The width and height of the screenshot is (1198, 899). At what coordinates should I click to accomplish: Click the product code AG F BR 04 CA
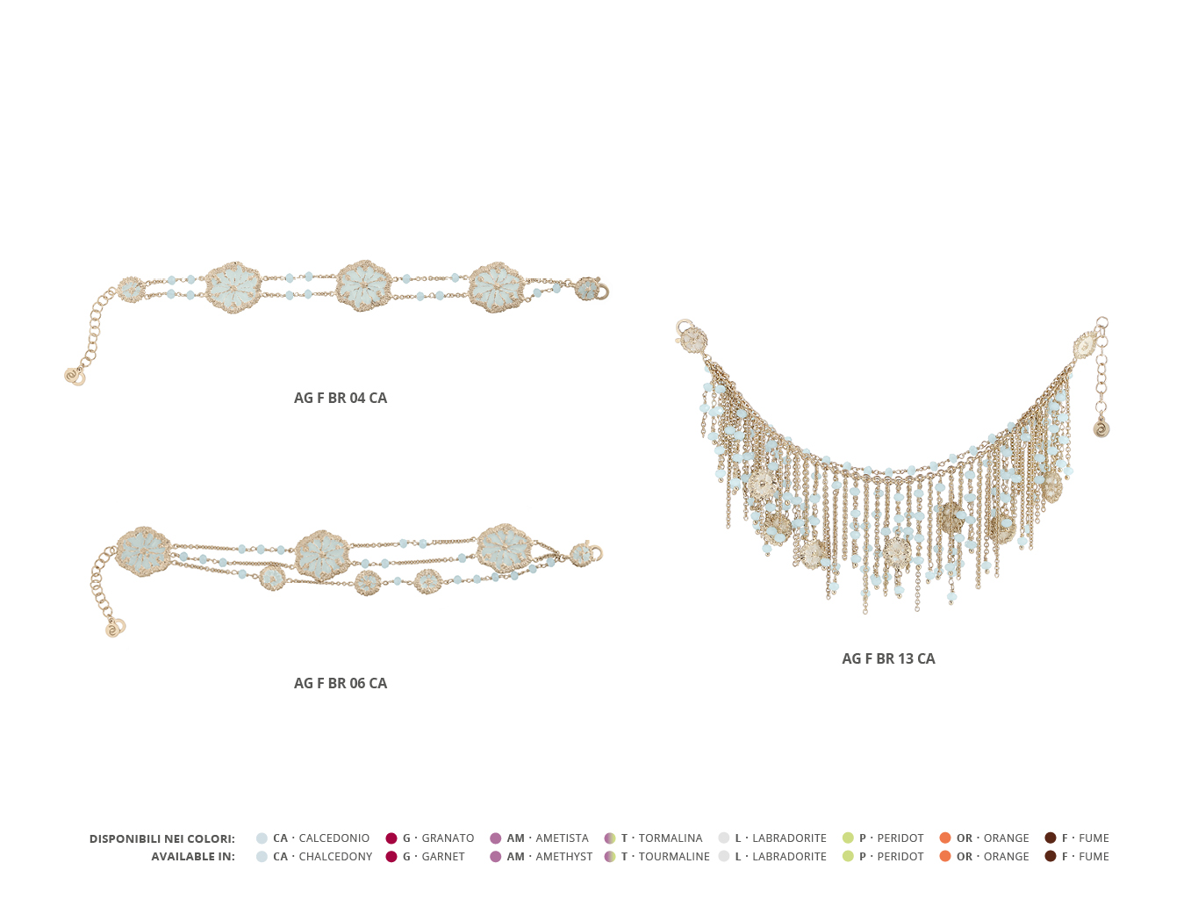click(340, 398)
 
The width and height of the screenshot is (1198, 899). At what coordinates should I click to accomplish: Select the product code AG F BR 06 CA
click(340, 683)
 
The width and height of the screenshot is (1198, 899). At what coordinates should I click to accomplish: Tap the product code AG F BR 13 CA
click(888, 658)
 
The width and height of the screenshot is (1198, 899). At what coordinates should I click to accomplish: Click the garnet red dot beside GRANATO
click(391, 838)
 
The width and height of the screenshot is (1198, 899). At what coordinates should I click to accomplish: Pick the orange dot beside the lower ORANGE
click(944, 856)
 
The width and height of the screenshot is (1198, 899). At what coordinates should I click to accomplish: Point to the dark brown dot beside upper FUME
click(1050, 838)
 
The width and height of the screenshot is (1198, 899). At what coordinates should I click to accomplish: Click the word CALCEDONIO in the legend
click(334, 838)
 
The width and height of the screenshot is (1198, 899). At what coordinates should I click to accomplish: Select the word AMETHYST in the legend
click(563, 857)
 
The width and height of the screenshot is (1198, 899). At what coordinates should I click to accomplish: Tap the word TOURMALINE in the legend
click(674, 857)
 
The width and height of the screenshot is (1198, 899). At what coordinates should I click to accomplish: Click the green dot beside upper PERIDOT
click(848, 838)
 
